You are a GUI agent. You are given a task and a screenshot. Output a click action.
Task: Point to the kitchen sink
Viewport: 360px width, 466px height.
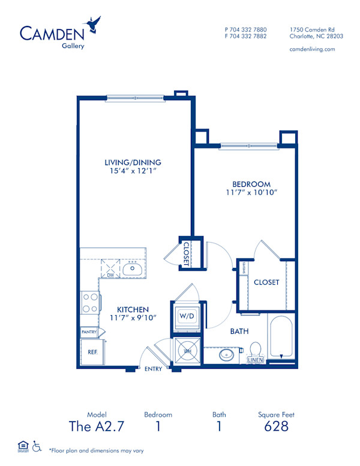(132, 270)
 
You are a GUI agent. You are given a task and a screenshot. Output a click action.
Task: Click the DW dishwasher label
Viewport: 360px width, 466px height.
(110, 275)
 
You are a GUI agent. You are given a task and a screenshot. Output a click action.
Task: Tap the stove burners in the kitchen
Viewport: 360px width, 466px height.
(90, 303)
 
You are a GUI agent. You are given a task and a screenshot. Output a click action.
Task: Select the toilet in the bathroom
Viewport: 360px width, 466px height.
(255, 350)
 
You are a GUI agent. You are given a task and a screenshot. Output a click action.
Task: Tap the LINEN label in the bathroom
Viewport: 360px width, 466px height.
(255, 360)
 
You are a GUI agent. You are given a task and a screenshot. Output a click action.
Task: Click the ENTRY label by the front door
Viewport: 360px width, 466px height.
(154, 369)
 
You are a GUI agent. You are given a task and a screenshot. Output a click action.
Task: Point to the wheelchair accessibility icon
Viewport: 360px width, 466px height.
(37, 446)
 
